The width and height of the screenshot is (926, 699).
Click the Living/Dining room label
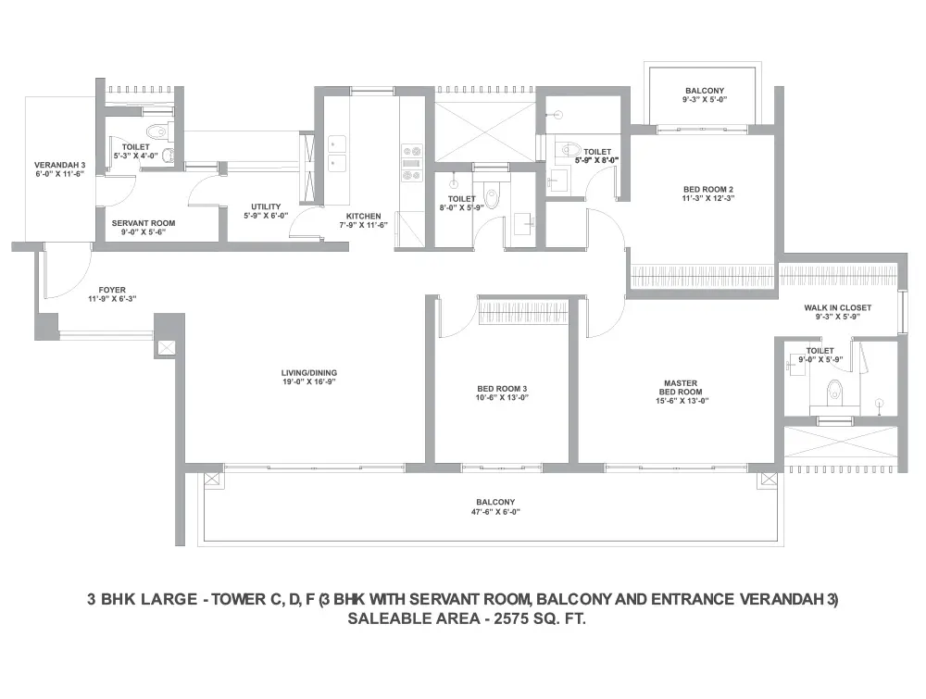click(x=309, y=373)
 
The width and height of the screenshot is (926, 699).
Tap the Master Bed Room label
click(x=681, y=387)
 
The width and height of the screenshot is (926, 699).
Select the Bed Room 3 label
click(x=502, y=389)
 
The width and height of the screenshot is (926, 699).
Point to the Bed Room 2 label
click(x=708, y=190)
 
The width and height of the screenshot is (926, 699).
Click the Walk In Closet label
click(x=837, y=307)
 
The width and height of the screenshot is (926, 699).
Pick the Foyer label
click(x=112, y=290)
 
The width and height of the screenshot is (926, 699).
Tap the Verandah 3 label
click(x=59, y=165)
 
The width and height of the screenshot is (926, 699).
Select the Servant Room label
click(x=144, y=223)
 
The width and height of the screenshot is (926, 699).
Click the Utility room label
click(x=266, y=206)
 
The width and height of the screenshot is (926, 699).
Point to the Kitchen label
click(x=363, y=216)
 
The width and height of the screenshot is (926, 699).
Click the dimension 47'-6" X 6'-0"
click(x=495, y=512)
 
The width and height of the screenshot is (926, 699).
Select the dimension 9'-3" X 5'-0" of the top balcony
click(x=705, y=100)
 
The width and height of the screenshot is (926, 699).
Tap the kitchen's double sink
click(x=337, y=154)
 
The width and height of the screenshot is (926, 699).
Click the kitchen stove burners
click(x=412, y=163)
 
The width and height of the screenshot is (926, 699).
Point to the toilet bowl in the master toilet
click(x=834, y=392)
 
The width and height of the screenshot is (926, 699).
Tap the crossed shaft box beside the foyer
click(x=167, y=348)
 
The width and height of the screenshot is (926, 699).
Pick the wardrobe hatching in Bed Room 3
click(x=524, y=311)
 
